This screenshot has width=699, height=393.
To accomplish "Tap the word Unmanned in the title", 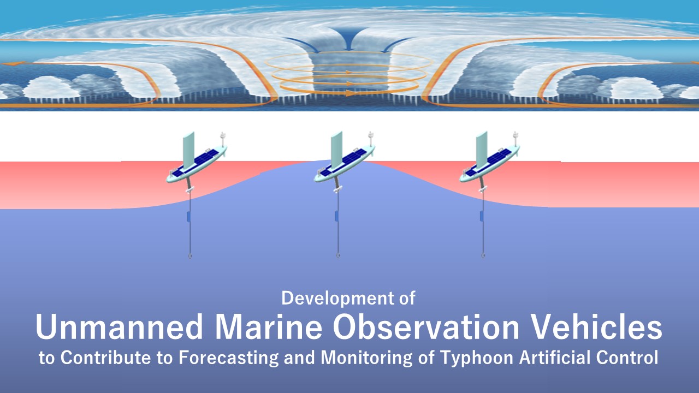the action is click(119, 326).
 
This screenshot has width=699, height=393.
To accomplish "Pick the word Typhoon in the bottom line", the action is click(477, 358).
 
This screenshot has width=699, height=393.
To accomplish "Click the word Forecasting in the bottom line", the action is click(228, 358).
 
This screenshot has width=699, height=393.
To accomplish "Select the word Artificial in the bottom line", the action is click(554, 358).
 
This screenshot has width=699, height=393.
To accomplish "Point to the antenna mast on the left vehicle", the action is click(223, 139).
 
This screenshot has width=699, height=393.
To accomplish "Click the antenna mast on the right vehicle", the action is click(516, 139).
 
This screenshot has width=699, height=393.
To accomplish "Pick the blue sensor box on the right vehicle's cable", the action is click(482, 216).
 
